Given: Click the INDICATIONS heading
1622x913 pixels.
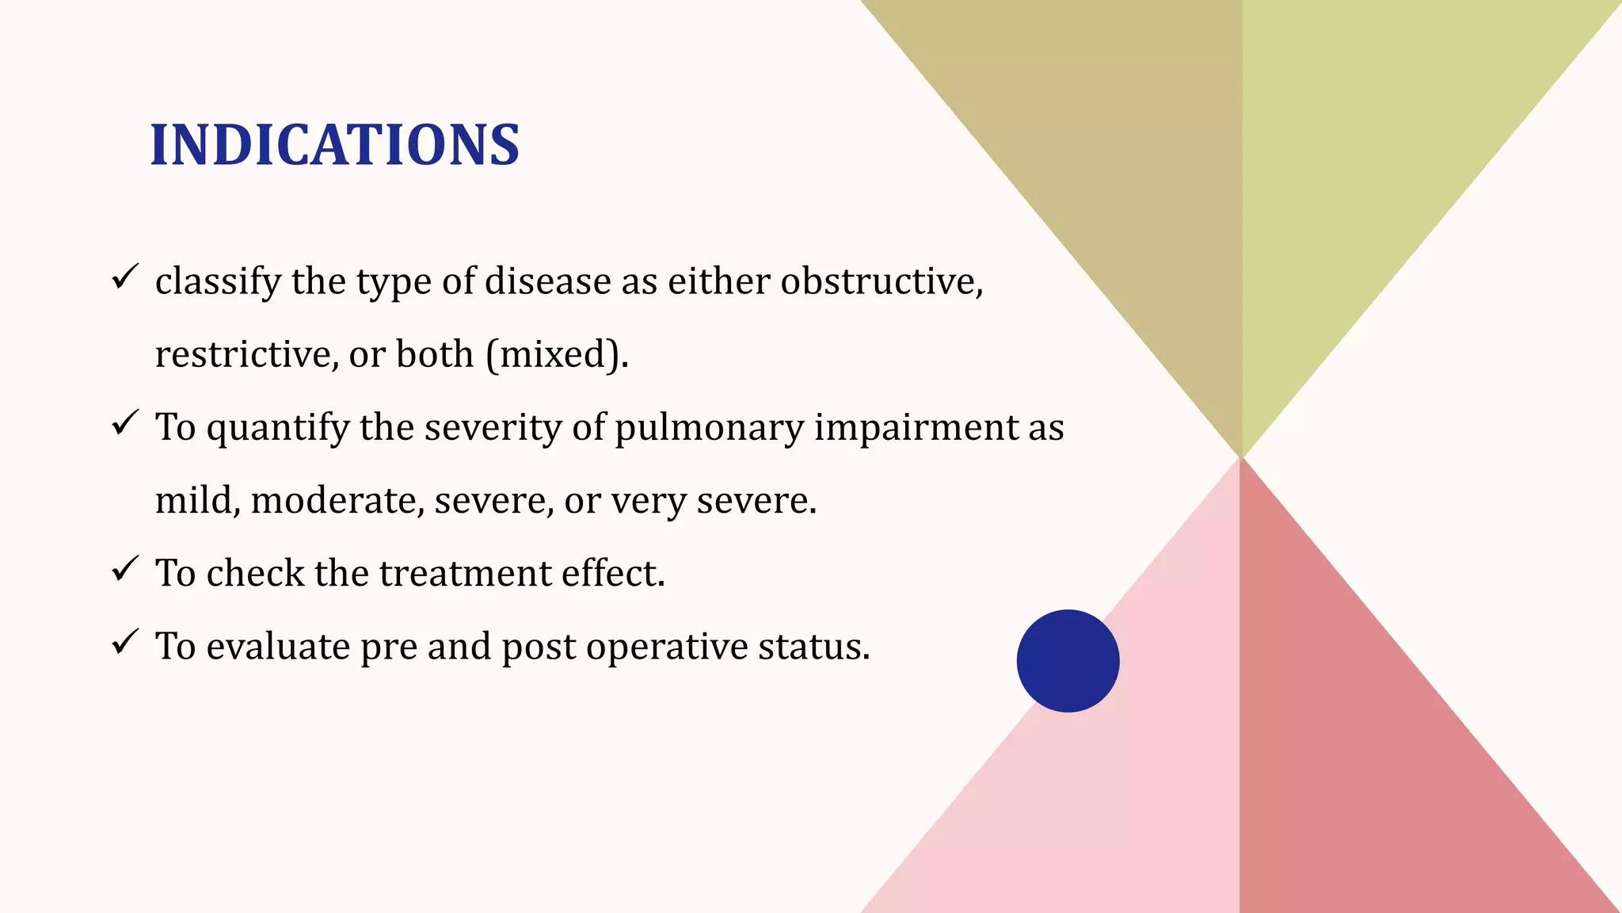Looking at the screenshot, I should click(x=334, y=145).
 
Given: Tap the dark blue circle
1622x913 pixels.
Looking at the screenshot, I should click(x=1068, y=660).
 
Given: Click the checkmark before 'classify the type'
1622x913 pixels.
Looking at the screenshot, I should click(x=125, y=277).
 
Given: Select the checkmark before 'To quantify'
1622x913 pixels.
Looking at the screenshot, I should click(x=125, y=423).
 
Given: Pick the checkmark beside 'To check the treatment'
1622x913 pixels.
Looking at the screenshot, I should click(x=125, y=569).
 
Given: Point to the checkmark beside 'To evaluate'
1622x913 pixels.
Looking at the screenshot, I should click(x=125, y=642).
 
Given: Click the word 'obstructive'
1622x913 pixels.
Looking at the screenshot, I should click(x=881, y=281).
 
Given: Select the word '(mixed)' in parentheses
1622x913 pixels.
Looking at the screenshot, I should click(x=557, y=354).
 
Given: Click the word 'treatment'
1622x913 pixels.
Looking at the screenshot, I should click(x=464, y=573).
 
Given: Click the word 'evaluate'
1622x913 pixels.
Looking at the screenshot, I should click(x=278, y=647).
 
